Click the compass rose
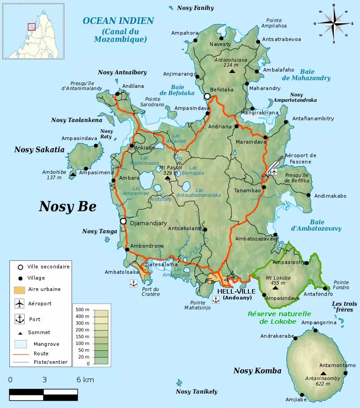point(333,23)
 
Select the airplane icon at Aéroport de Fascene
point(274,172)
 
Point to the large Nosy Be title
point(67,206)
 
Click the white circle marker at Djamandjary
point(123,221)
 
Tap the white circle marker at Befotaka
point(207,96)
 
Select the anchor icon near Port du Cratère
point(133,283)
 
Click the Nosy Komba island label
point(257,371)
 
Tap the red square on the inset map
point(31,27)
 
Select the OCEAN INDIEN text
point(118,21)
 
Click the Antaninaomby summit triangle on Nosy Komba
point(323,373)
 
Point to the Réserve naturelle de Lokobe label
point(279,317)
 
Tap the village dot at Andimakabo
point(309,195)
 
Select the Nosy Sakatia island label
point(39,150)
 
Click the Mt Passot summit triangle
point(167,178)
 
